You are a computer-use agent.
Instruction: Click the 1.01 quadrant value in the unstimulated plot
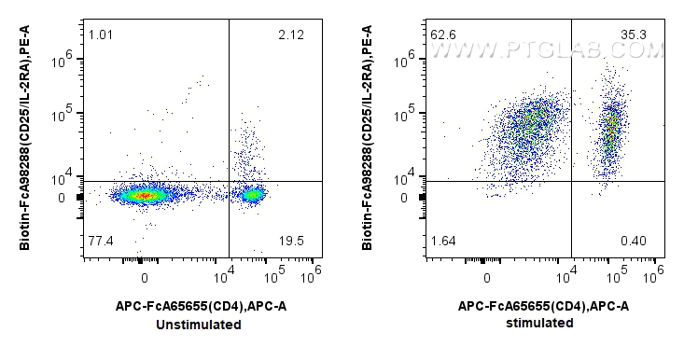(100, 36)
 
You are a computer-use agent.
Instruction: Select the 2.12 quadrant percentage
(290, 36)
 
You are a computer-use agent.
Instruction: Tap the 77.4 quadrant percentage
(101, 242)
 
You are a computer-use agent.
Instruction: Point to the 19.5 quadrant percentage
(290, 242)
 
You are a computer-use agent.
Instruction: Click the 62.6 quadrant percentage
(443, 36)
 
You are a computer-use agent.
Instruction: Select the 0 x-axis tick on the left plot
(144, 278)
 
